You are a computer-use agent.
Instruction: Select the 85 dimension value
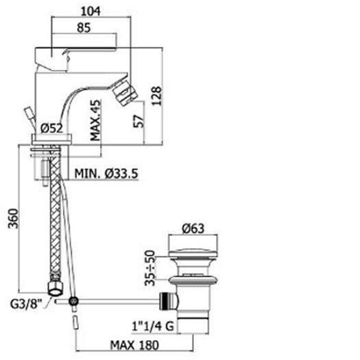(84, 29)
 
